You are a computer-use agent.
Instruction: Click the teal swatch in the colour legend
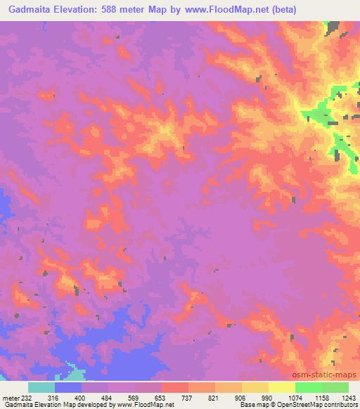(x=41, y=387)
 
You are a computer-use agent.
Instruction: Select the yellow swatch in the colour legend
(x=282, y=387)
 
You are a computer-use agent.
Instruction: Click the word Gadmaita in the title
(x=30, y=10)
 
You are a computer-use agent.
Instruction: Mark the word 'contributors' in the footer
(x=341, y=405)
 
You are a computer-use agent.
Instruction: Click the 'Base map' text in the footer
(x=251, y=405)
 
